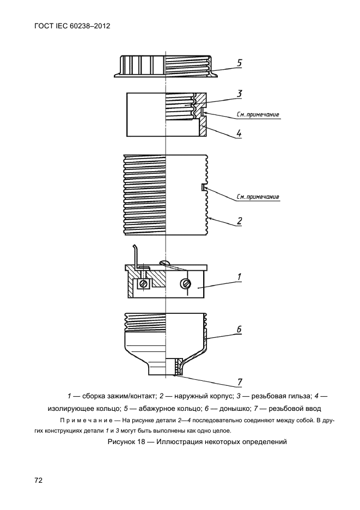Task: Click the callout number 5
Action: tap(239, 63)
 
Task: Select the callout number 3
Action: tap(239, 94)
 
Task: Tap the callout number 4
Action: tap(239, 133)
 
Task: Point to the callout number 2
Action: tap(239, 221)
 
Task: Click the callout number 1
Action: tap(239, 277)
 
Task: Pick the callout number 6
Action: tap(239, 330)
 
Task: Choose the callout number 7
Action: tap(239, 381)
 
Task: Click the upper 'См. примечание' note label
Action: tap(258, 114)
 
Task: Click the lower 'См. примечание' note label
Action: tap(258, 197)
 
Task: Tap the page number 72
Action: tap(39, 480)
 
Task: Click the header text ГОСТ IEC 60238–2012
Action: tap(69, 26)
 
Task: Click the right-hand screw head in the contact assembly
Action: tap(186, 283)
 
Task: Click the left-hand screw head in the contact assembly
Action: tap(144, 283)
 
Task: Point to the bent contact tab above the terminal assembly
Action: tap(136, 254)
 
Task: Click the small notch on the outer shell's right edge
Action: tap(204, 187)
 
